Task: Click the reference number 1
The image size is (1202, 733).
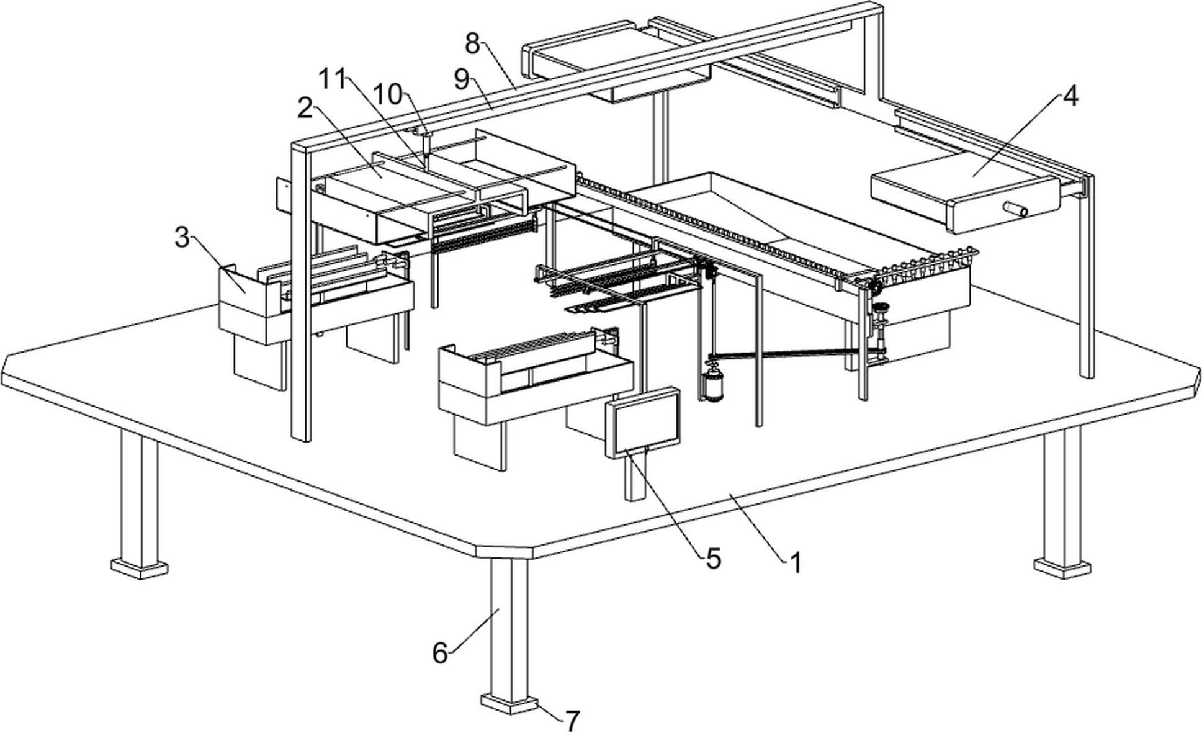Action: (795, 562)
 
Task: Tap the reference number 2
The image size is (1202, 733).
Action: (305, 109)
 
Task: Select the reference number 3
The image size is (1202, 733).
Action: (182, 237)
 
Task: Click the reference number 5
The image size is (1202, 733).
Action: (714, 559)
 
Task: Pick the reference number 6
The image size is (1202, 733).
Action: (440, 653)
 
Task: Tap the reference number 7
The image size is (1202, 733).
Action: (572, 721)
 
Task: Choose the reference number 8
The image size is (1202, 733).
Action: (473, 43)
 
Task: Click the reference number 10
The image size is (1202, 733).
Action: (388, 94)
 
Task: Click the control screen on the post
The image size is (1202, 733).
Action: (644, 422)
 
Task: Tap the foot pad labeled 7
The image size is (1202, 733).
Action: (509, 704)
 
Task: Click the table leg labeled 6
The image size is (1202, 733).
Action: (509, 627)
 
